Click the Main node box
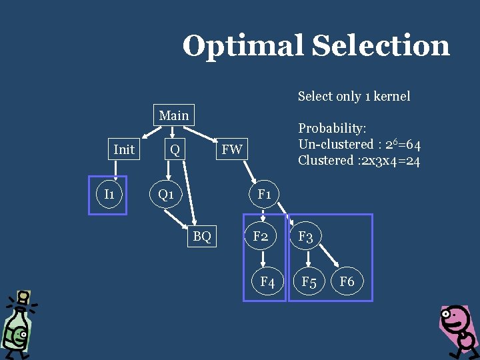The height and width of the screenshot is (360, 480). [174, 115]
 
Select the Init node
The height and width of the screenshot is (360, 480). [124, 149]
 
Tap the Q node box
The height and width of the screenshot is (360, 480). [175, 149]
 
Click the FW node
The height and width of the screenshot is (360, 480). [232, 149]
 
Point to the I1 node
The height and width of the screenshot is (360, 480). [109, 194]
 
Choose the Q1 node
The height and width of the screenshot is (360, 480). [166, 195]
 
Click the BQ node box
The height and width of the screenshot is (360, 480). [202, 235]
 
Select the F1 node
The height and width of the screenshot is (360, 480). [264, 195]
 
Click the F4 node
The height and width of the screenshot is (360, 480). [267, 282]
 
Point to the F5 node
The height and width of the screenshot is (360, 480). [309, 282]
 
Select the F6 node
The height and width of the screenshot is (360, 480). [347, 281]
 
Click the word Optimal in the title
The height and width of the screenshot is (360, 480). [242, 46]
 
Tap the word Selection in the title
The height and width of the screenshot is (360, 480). [381, 46]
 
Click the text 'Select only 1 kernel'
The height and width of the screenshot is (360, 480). [354, 96]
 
